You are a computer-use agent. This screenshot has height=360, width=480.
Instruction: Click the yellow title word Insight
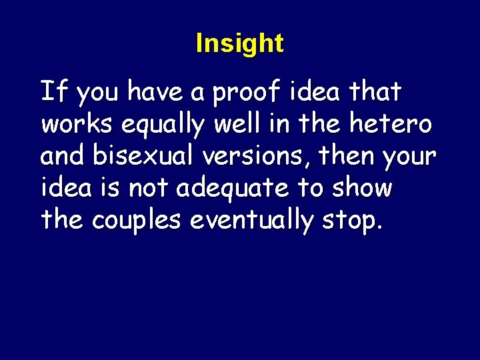(239, 44)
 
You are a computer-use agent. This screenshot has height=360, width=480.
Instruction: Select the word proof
(249, 93)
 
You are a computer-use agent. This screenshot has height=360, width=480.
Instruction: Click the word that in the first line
(377, 92)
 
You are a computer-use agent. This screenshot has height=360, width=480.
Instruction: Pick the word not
(150, 188)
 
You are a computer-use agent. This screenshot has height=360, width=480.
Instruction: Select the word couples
(137, 221)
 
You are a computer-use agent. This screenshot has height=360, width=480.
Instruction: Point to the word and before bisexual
(63, 156)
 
